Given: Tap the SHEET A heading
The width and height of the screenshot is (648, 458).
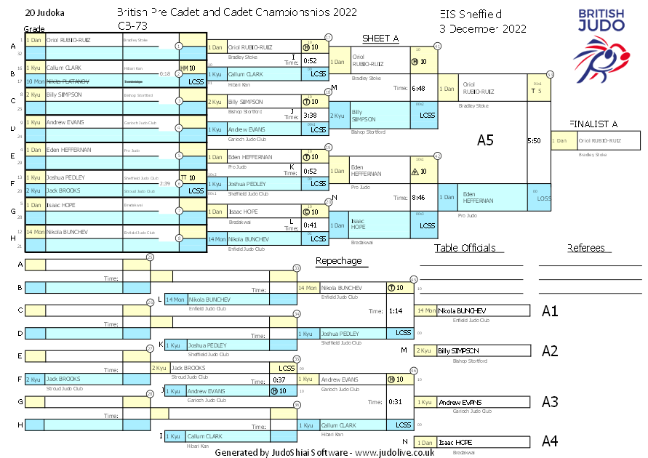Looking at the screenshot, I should click(380, 39).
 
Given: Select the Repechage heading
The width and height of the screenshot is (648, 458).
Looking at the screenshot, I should click(338, 261).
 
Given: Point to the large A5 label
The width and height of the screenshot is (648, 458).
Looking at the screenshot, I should click(485, 140).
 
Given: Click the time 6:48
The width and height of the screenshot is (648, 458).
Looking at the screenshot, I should click(417, 88).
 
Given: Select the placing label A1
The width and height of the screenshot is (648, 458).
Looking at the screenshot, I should click(550, 311).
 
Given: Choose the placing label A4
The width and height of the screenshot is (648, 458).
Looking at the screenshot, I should click(550, 441).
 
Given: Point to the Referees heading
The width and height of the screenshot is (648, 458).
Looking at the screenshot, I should click(586, 248).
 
